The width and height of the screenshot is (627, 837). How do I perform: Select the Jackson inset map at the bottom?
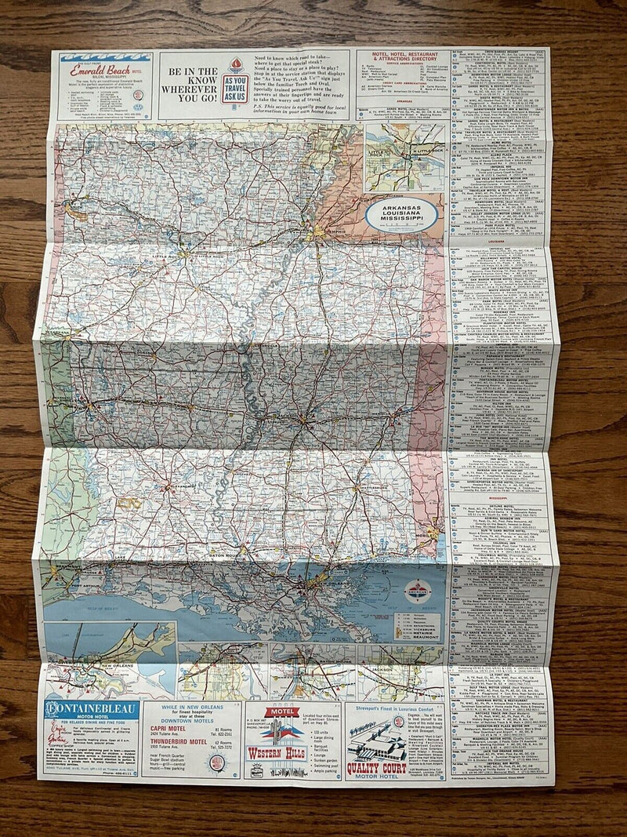tap(404, 678)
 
